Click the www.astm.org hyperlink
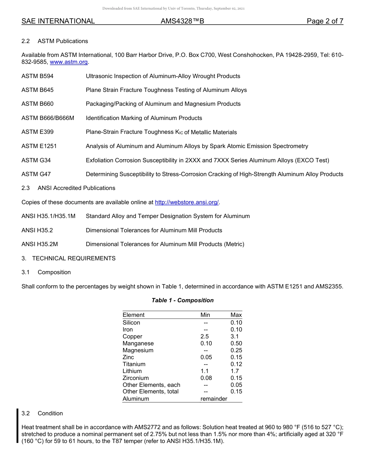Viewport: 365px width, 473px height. tap(69, 62)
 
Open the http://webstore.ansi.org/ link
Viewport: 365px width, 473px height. tap(186, 202)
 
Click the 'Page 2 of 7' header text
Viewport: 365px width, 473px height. tap(325, 21)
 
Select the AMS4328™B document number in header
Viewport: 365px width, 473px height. tap(182, 21)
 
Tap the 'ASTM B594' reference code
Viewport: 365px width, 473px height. tap(37, 76)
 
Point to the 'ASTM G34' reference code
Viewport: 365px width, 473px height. tap(36, 160)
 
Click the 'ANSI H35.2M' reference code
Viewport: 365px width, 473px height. tap(40, 244)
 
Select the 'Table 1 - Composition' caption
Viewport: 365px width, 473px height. tap(182, 300)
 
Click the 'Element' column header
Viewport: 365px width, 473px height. tap(133, 315)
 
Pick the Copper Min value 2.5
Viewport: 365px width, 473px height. tap(205, 336)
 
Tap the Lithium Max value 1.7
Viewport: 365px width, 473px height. tap(234, 371)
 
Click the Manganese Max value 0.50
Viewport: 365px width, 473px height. tap(236, 343)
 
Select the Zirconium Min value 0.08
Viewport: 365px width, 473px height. tap(206, 378)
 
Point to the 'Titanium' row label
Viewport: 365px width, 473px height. tap(134, 364)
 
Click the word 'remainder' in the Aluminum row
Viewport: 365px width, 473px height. tap(214, 399)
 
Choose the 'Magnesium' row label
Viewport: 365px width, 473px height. tap(138, 350)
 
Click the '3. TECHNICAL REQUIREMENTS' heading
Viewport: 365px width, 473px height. tap(68, 258)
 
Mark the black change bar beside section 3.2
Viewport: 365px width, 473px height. tap(17, 426)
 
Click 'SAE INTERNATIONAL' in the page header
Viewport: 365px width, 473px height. tap(58, 21)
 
